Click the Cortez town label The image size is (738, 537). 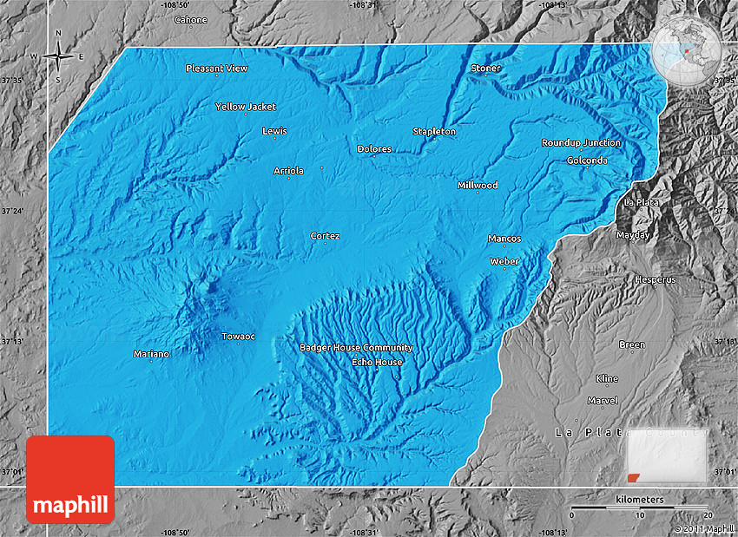[x=326, y=236]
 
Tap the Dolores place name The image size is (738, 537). [x=374, y=149]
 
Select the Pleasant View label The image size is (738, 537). [x=217, y=69]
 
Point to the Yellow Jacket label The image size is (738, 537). [x=246, y=107]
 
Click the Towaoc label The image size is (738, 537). [x=239, y=337]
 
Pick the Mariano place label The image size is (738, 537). [x=151, y=354]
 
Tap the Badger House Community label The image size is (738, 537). [x=356, y=348]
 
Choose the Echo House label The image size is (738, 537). [x=377, y=362]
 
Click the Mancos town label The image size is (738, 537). [x=504, y=239]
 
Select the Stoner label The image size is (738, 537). [x=486, y=69]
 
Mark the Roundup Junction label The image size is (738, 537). [x=581, y=143]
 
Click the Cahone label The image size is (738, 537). [x=191, y=20]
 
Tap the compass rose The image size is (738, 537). [x=59, y=57]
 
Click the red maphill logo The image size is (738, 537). [x=70, y=479]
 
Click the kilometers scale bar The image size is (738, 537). [x=640, y=507]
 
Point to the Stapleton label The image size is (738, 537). [x=434, y=132]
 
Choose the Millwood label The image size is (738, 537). [x=478, y=186]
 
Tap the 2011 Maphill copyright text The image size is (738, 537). [x=704, y=528]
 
